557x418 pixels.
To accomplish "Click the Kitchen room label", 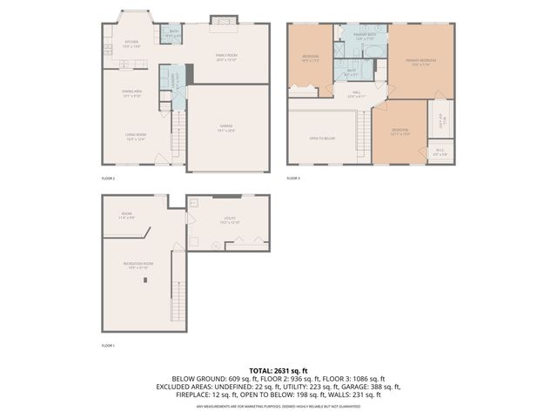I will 132,43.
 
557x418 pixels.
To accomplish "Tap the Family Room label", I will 226,57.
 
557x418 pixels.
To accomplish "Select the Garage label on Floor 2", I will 225,129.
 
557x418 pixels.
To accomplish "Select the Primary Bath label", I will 364,37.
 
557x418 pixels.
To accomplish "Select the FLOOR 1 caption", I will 109,346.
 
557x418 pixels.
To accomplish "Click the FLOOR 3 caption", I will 294,178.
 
